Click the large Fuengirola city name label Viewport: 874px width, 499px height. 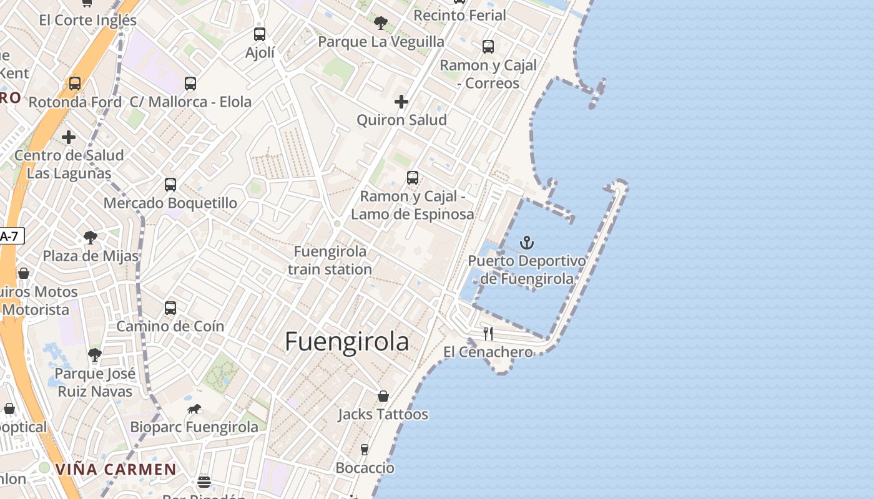[x=347, y=342]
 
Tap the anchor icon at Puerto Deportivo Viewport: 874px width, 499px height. [x=528, y=243]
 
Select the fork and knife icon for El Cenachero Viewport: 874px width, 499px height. [x=488, y=334]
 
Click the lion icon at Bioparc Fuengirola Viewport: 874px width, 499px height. [x=194, y=409]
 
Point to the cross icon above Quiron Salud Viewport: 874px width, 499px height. [x=401, y=102]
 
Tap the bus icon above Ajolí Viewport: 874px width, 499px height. [x=260, y=34]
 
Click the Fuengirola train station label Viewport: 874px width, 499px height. [x=330, y=261]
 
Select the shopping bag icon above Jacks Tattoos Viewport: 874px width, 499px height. [x=383, y=396]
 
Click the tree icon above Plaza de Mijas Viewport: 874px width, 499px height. [x=91, y=237]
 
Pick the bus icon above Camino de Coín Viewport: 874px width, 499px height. [x=170, y=308]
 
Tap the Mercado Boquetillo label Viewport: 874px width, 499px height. [x=170, y=203]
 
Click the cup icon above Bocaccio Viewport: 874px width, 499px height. [x=365, y=450]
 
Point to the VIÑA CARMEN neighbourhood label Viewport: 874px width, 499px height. [x=115, y=469]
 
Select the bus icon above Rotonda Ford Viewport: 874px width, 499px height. [x=75, y=84]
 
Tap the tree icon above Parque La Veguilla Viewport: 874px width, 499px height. [x=381, y=24]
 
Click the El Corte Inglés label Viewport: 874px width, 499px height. [x=87, y=20]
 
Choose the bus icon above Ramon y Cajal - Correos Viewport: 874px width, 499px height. [x=488, y=47]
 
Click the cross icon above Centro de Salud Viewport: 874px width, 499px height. [x=69, y=137]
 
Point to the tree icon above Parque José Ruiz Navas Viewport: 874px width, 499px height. [x=95, y=355]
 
